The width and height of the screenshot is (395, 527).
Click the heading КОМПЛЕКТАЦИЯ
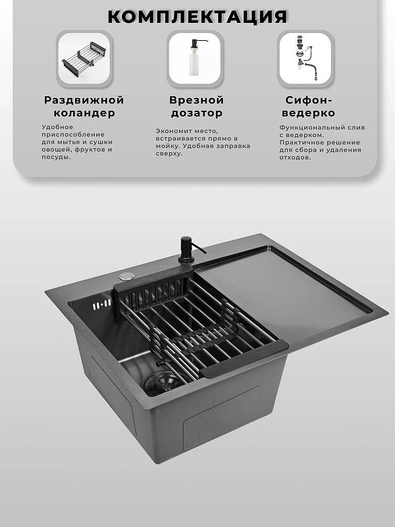pyautogui.click(x=197, y=16)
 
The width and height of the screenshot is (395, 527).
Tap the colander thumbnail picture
pyautogui.click(x=84, y=59)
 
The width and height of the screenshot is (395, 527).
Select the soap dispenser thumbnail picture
pyautogui.click(x=195, y=59)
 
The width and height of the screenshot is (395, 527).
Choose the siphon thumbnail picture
pyautogui.click(x=305, y=59)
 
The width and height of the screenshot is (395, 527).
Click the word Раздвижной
pyautogui.click(x=84, y=100)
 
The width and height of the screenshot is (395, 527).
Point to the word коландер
pyautogui.click(x=84, y=113)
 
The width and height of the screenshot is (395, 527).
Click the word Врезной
pyautogui.click(x=196, y=100)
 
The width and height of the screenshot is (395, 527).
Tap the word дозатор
pyautogui.click(x=196, y=113)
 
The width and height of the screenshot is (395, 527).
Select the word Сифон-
pyautogui.click(x=308, y=100)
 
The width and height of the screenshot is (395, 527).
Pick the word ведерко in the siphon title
pyautogui.click(x=308, y=113)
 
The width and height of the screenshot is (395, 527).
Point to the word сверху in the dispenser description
pyautogui.click(x=169, y=153)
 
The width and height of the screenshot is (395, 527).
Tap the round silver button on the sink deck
pyautogui.click(x=126, y=276)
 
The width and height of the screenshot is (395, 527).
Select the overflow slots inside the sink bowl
pyautogui.click(x=102, y=304)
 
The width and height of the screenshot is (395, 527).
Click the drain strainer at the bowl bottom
pyautogui.click(x=162, y=383)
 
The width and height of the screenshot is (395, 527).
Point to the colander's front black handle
pyautogui.click(x=244, y=358)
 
